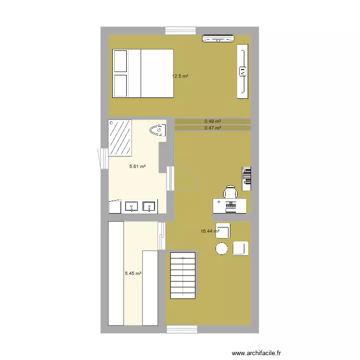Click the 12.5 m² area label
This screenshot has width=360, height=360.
pyautogui.click(x=180, y=76)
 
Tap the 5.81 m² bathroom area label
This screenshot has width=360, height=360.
pyautogui.click(x=137, y=167)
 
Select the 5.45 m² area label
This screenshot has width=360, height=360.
pyautogui.click(x=133, y=274)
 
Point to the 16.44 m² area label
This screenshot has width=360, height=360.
pyautogui.click(x=210, y=231)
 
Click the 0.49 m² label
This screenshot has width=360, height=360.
pyautogui.click(x=213, y=121)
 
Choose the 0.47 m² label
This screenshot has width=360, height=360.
pyautogui.click(x=213, y=128)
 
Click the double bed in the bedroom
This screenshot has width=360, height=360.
pyautogui.click(x=143, y=73)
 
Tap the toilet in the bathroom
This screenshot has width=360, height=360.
pyautogui.click(x=158, y=130)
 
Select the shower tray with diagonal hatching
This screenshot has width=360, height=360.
pyautogui.click(x=120, y=138)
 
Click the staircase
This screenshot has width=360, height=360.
pyautogui.click(x=182, y=276)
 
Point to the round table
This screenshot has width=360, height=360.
pyautogui.click(x=221, y=249)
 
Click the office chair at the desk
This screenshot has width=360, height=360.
pyautogui.click(x=230, y=192)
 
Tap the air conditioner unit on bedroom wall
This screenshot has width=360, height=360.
pyautogui.click(x=218, y=39)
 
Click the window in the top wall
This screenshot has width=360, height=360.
pyautogui.click(x=180, y=31)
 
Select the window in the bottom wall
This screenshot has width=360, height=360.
pyautogui.click(x=182, y=329)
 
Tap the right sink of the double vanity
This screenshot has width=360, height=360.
pyautogui.click(x=149, y=207)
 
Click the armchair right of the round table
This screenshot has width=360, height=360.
pyautogui.click(x=240, y=248)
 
